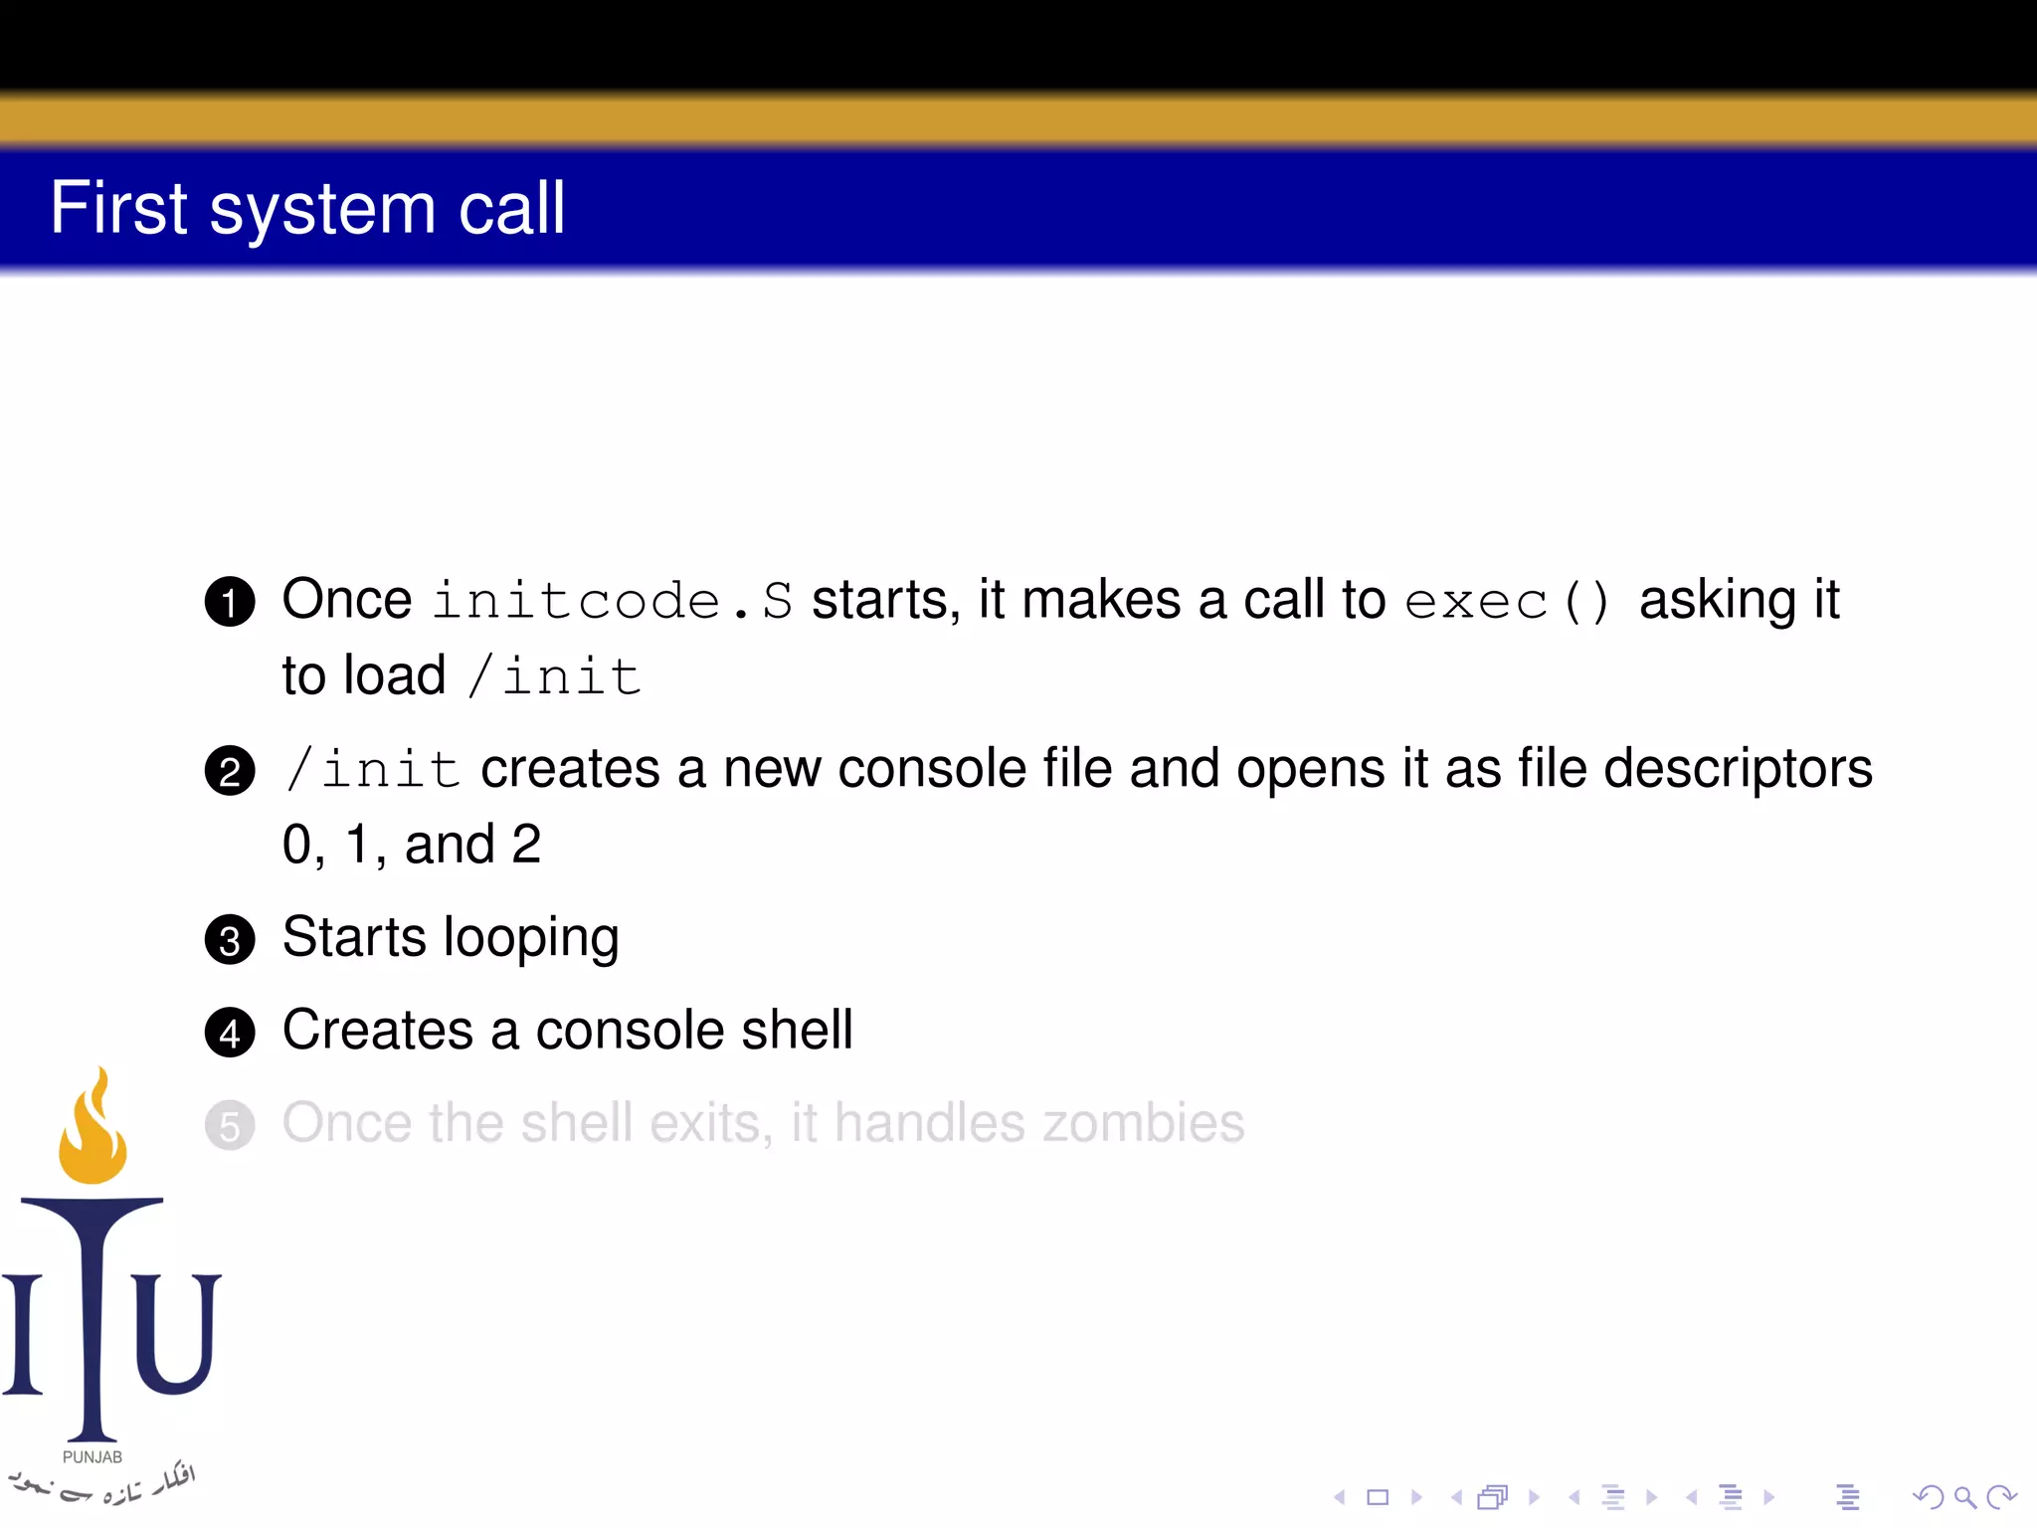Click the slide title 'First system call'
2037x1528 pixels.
(307, 209)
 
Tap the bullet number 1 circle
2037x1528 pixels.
(230, 602)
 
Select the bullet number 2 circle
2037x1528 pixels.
(230, 771)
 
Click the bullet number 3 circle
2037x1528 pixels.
(230, 940)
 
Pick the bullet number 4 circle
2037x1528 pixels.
(230, 1033)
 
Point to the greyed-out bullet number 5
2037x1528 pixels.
(230, 1126)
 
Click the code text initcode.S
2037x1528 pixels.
(613, 601)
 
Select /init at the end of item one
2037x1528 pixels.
(555, 676)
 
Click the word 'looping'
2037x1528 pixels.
(531, 939)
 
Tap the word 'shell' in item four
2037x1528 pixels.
(797, 1030)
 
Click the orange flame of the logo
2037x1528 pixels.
(93, 1134)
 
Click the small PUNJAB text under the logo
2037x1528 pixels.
(93, 1456)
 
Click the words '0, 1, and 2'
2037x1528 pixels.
(411, 846)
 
